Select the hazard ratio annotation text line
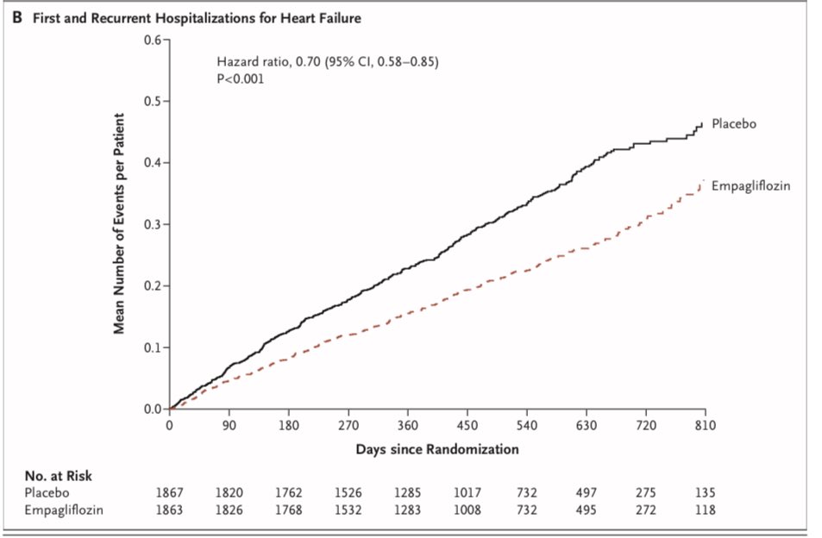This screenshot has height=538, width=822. tap(329, 62)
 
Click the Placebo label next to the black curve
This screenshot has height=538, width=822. tap(733, 124)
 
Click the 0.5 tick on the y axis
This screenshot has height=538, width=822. tap(155, 101)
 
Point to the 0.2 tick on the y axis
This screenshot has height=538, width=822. tap(155, 286)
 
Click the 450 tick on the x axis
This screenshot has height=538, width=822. tap(467, 425)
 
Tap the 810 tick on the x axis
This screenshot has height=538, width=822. tap(706, 425)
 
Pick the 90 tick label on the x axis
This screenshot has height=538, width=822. tap(229, 425)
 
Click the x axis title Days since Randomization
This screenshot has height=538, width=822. tap(437, 449)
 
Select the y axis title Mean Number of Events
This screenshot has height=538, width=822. tap(122, 224)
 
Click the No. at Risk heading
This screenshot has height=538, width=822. tap(59, 475)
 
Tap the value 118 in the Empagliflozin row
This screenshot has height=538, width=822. tap(706, 509)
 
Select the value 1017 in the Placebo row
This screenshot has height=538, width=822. tap(467, 492)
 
